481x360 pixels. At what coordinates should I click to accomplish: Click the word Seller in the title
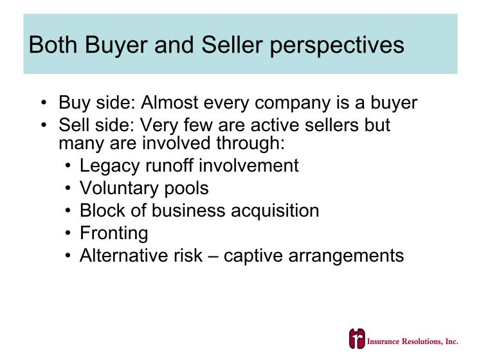point(232,45)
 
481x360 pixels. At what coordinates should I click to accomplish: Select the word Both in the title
point(53,45)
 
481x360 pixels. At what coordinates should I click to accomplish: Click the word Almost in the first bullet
point(169,102)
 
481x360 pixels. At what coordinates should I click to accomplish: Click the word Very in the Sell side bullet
point(159,125)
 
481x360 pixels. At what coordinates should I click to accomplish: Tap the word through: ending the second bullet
point(250,143)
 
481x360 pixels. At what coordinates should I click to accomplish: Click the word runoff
point(170,166)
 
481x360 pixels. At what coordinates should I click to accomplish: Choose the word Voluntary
point(120,189)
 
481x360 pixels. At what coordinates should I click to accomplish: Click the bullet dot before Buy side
point(44,103)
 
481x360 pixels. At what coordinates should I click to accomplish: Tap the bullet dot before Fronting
point(68,233)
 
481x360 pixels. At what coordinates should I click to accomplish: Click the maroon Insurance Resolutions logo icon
point(357,339)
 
